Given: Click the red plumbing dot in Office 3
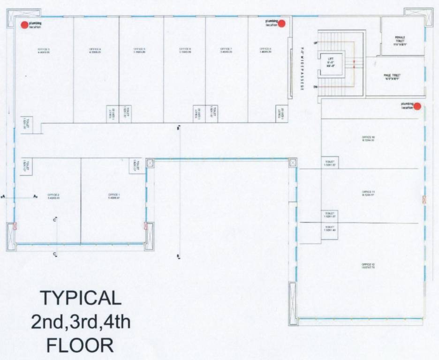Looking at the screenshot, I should pyautogui.click(x=24, y=25).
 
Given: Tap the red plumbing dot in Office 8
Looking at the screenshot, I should pyautogui.click(x=282, y=23).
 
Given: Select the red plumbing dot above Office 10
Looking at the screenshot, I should pyautogui.click(x=417, y=106).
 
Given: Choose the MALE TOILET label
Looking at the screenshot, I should pyautogui.click(x=392, y=76).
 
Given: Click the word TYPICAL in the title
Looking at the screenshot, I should pyautogui.click(x=80, y=298).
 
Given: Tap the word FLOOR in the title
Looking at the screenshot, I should pyautogui.click(x=80, y=346).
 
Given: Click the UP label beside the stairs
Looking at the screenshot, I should pyautogui.click(x=316, y=44).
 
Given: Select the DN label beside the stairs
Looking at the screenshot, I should pyautogui.click(x=316, y=87).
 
